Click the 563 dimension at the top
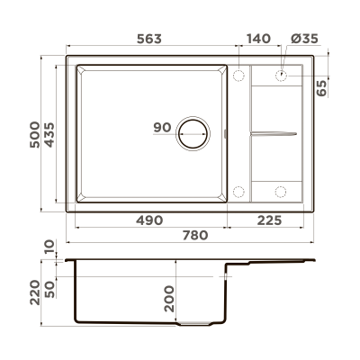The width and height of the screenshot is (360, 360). click(149, 39)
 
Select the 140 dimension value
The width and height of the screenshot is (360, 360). click(258, 39)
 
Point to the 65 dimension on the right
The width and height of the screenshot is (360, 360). click(321, 87)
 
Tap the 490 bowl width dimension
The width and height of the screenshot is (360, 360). click(149, 220)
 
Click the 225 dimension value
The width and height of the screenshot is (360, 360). click(269, 220)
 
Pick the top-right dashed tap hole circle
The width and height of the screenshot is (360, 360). click(281, 76)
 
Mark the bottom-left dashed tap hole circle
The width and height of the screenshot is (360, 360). click(238, 190)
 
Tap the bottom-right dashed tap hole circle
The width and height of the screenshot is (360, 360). click(281, 190)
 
